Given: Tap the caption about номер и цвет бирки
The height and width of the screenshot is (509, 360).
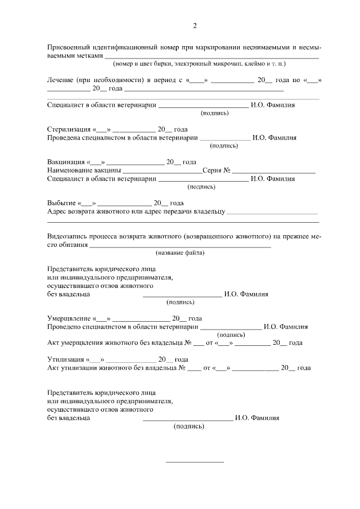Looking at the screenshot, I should coord(200,64).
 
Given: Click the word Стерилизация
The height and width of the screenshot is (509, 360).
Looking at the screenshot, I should coord(68,129).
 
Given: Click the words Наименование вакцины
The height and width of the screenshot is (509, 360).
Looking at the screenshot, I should coord(84,170).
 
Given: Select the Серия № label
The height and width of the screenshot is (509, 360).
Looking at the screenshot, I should coord(217,170).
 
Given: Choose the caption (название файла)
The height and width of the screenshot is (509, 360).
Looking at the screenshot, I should coord(180,253).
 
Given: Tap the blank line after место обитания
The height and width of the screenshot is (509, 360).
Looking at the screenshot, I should coord(181,246).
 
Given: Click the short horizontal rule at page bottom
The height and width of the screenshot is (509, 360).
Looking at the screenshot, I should coord(194,462).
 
